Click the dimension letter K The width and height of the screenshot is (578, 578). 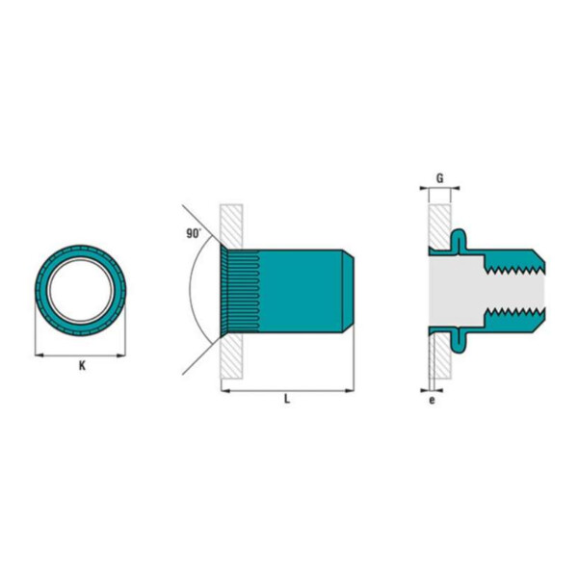(82, 366)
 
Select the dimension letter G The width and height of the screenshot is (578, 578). (439, 178)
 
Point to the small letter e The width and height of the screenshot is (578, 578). (432, 400)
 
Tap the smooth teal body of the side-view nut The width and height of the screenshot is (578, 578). (303, 289)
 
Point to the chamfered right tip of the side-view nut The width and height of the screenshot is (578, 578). (352, 289)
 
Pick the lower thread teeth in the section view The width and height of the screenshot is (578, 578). (515, 314)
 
